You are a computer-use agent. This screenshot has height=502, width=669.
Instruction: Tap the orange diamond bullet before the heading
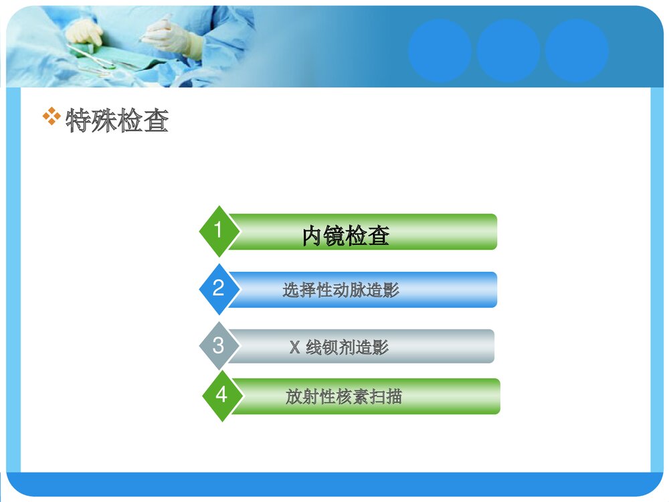[52, 117]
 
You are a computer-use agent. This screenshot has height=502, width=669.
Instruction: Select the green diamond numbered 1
[217, 231]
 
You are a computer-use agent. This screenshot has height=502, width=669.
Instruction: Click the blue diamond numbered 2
[218, 289]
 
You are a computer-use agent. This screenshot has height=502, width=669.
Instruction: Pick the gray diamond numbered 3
[218, 346]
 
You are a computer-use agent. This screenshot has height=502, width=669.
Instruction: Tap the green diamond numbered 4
[221, 396]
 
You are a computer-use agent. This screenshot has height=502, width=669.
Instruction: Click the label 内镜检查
[346, 236]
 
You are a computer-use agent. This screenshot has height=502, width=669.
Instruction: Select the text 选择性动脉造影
[341, 290]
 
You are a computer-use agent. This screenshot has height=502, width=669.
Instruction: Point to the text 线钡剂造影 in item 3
[347, 347]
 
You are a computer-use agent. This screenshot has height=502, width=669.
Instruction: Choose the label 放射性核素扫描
[344, 396]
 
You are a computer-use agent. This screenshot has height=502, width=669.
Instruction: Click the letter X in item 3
[294, 347]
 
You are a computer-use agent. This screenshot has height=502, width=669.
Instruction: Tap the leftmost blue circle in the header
[440, 50]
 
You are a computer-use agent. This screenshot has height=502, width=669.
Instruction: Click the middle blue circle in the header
[508, 50]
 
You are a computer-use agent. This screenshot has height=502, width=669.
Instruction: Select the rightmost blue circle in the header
[576, 50]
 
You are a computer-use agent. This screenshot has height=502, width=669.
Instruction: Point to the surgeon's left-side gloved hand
[85, 31]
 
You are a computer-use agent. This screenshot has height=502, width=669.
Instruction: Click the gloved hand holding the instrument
[171, 37]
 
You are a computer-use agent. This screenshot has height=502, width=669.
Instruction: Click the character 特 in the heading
[78, 122]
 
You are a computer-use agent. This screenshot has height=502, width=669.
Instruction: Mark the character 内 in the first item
[312, 236]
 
